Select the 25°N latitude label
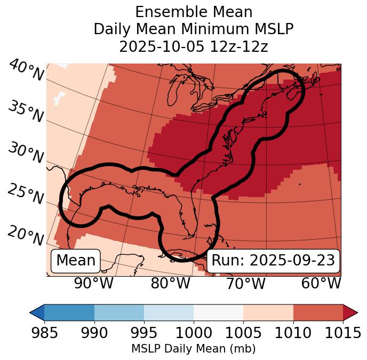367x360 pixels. tap(26, 194)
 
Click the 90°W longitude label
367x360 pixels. tap(93, 283)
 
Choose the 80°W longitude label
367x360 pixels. tap(170, 283)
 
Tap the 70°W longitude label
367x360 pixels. tap(245, 283)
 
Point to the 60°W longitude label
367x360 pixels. tap(321, 283)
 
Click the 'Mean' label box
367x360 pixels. tap(76, 261)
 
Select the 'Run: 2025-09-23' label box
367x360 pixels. tap(273, 261)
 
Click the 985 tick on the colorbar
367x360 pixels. tap(44, 333)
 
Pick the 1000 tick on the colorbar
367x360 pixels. tap(194, 333)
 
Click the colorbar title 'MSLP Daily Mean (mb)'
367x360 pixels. tap(193, 349)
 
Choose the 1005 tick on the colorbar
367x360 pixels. tap(243, 333)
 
